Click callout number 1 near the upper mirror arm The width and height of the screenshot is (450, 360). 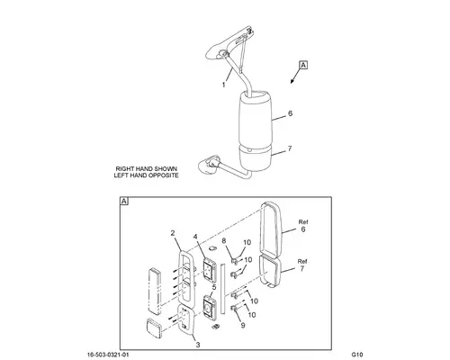[223, 85]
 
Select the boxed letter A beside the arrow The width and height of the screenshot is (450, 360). [303, 65]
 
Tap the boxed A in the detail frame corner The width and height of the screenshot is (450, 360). [124, 201]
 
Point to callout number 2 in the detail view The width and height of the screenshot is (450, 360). [173, 233]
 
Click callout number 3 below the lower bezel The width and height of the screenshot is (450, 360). [198, 345]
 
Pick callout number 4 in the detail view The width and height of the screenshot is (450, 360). [195, 237]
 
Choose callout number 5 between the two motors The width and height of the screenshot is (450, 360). [214, 287]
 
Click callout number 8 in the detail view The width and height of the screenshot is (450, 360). [224, 240]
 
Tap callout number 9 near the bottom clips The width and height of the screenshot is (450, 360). [243, 325]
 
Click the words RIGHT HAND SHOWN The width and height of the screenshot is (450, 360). [147, 169]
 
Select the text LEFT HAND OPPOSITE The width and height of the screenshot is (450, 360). [147, 175]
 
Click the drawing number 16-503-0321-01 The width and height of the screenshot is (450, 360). [108, 355]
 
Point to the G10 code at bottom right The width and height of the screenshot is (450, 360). [357, 355]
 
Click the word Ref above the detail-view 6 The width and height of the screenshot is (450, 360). [303, 222]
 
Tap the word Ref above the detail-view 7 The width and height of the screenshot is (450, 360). [302, 261]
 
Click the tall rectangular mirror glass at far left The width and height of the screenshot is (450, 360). [155, 291]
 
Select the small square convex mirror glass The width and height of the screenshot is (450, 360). [154, 328]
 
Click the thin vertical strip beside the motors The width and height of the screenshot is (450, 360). [223, 289]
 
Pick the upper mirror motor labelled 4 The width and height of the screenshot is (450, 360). [210, 269]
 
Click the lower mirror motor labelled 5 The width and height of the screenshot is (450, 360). [210, 307]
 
